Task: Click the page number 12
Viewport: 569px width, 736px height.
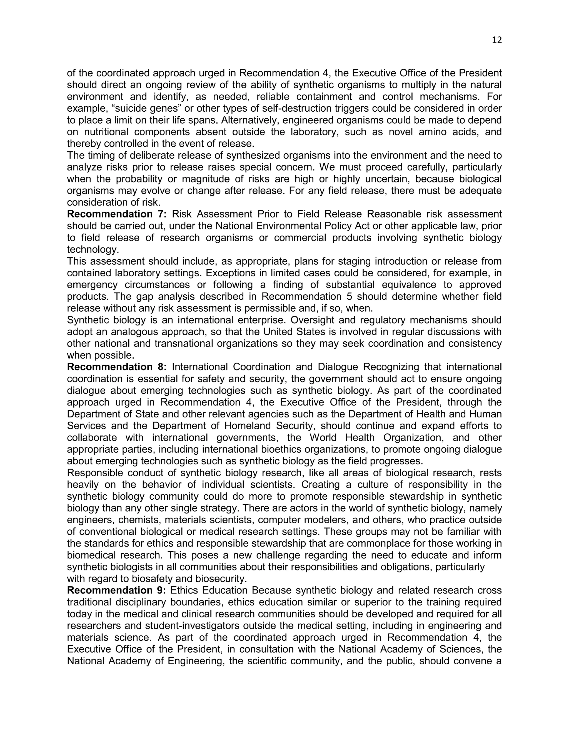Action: click(496, 40)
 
